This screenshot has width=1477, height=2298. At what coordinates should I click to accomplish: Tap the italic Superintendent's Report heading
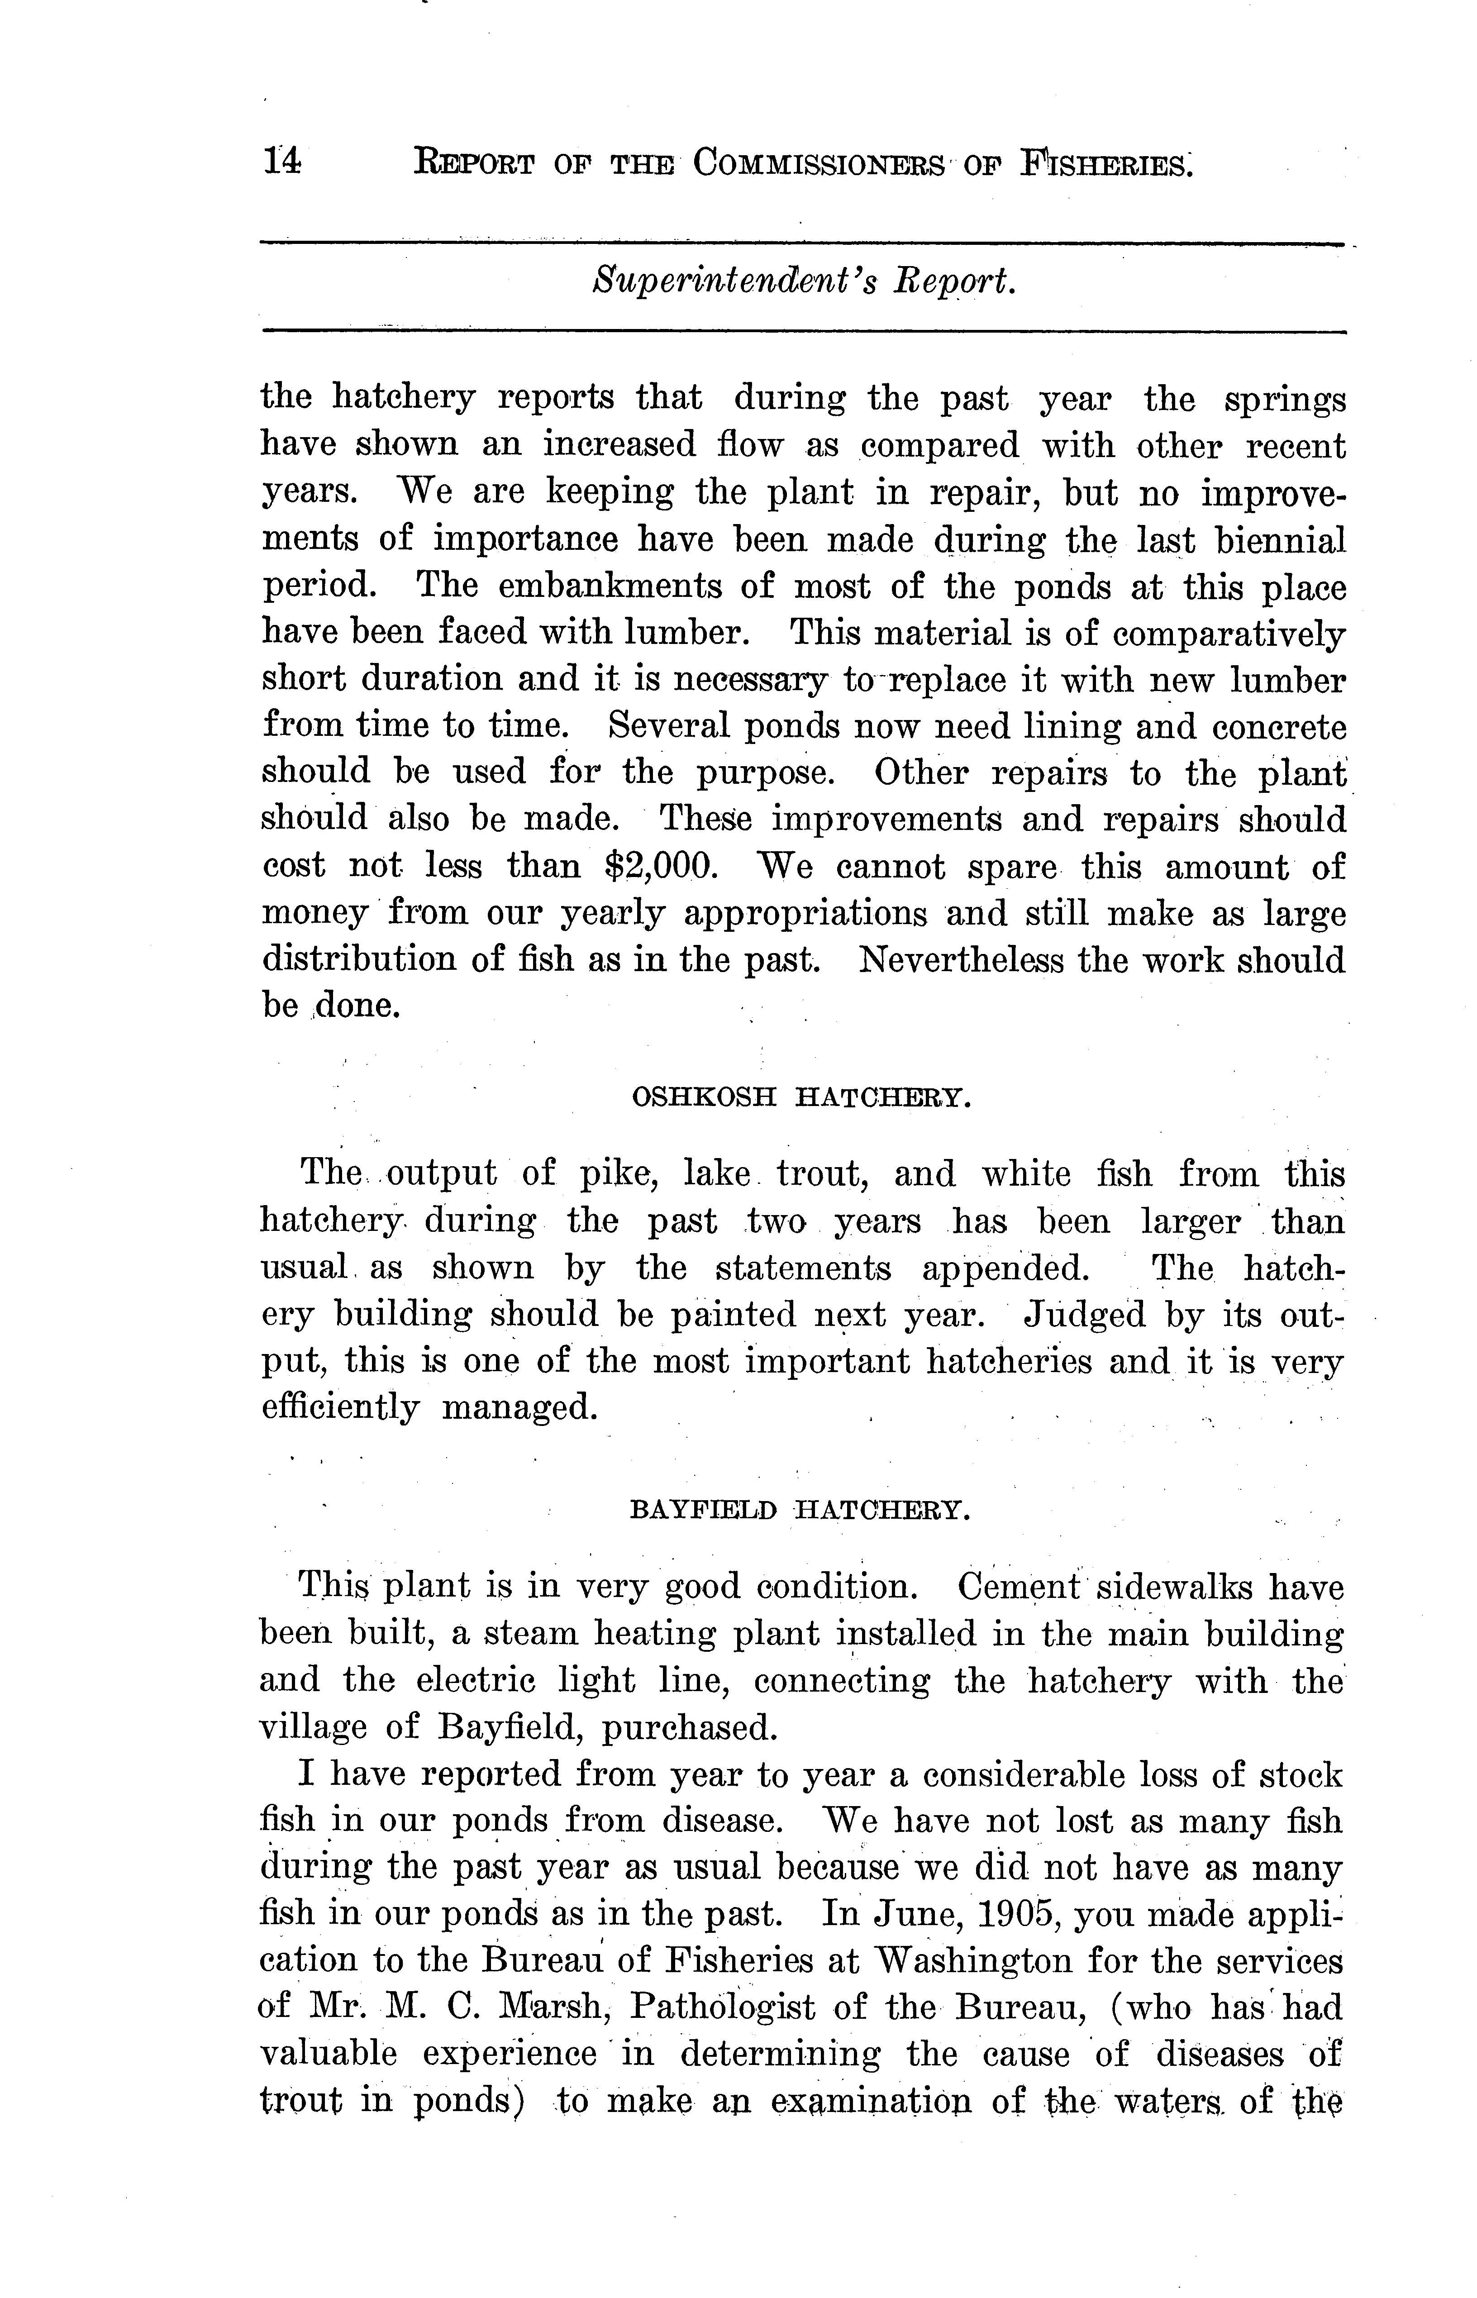click(804, 282)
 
